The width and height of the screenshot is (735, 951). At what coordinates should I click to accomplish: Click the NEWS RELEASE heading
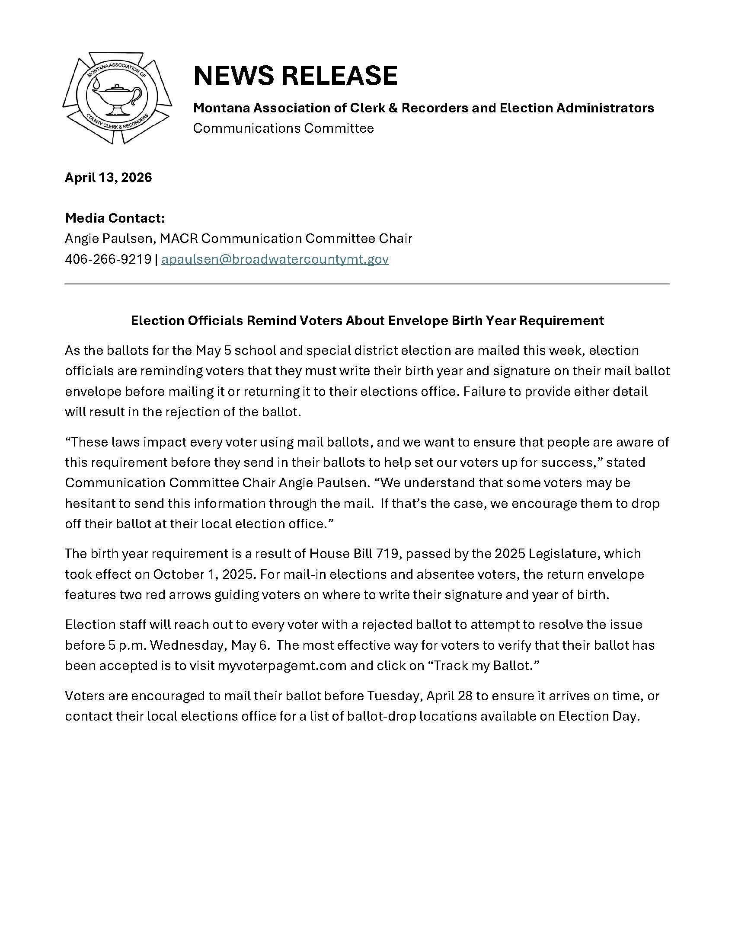coord(295,75)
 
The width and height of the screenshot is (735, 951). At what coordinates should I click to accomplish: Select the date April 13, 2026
coord(109,177)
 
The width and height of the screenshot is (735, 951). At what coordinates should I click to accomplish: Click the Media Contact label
coord(115,218)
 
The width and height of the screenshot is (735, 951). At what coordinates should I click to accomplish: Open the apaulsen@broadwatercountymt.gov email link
coord(275,259)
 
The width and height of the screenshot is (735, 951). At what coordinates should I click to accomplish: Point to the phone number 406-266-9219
coord(108,259)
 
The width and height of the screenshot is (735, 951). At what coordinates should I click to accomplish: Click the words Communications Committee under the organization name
coord(284,128)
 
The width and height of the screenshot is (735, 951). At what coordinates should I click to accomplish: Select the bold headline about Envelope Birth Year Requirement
coord(367,320)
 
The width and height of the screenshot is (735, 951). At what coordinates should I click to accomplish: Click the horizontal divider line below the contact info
coord(367,284)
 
